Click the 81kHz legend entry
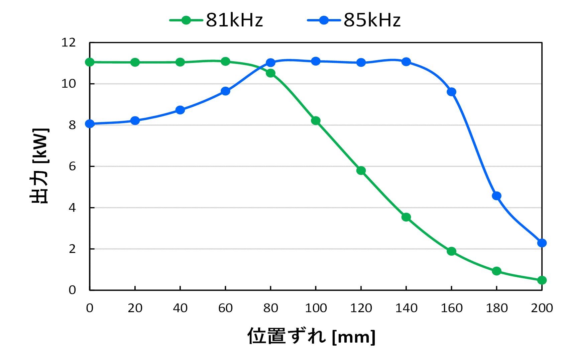tap(217, 20)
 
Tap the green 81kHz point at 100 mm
tap(316, 120)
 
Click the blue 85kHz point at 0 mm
tap(90, 124)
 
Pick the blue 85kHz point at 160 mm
tap(451, 92)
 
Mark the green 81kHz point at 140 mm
tap(406, 217)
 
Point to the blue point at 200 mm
tap(542, 243)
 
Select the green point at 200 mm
tap(542, 280)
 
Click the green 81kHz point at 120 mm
tap(361, 171)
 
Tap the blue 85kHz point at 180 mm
tap(497, 196)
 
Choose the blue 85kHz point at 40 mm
tap(180, 110)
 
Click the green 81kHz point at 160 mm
tap(451, 251)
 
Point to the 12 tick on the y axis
tap(69, 42)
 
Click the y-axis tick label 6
tap(72, 166)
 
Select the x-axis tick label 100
tap(316, 308)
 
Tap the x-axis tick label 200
tap(542, 308)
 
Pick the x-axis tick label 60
tap(225, 308)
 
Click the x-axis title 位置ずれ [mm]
tap(311, 336)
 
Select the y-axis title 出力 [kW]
tap(39, 166)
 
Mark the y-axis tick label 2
tap(72, 249)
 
